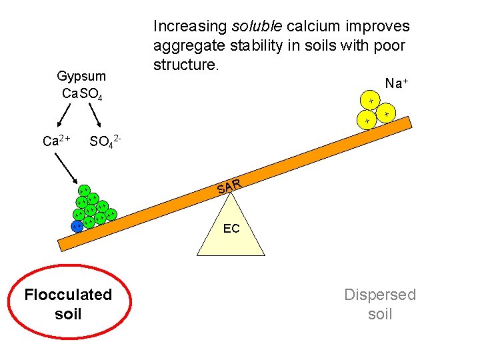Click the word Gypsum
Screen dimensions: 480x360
tap(81, 77)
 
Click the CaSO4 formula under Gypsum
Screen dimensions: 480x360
tap(81, 93)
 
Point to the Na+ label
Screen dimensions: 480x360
tap(396, 83)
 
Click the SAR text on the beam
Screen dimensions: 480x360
tap(228, 186)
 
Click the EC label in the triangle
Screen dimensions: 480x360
tap(231, 229)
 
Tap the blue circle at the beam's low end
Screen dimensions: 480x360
tap(77, 226)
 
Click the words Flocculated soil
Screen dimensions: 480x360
tap(68, 303)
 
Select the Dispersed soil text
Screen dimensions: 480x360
tap(380, 303)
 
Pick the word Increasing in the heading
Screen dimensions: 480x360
tap(190, 27)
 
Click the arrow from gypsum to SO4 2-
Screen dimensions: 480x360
tap(97, 118)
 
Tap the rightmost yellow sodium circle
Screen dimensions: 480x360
tap(386, 115)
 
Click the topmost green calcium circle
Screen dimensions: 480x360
tap(84, 191)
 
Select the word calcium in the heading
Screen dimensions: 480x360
tap(313, 27)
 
